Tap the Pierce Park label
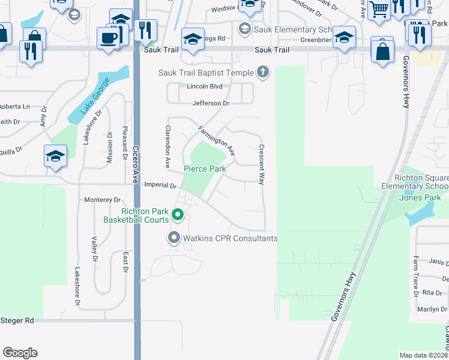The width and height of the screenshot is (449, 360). click(x=205, y=169)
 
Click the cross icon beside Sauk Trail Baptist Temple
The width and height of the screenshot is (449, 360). click(x=262, y=73)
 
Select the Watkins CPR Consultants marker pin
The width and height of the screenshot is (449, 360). click(x=174, y=238)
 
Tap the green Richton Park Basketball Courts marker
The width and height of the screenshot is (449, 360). click(x=177, y=214)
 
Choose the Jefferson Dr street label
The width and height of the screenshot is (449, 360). click(x=211, y=103)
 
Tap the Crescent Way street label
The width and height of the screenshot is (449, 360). click(x=262, y=164)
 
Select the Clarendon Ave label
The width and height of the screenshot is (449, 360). click(x=169, y=146)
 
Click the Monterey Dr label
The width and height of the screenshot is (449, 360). click(x=103, y=200)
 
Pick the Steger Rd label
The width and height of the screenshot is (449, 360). click(x=17, y=321)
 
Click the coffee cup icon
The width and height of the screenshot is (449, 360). click(x=108, y=38)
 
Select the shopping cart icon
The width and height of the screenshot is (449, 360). click(x=379, y=9)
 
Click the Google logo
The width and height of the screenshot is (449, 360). click(x=20, y=353)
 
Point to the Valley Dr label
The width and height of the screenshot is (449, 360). click(x=94, y=250)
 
